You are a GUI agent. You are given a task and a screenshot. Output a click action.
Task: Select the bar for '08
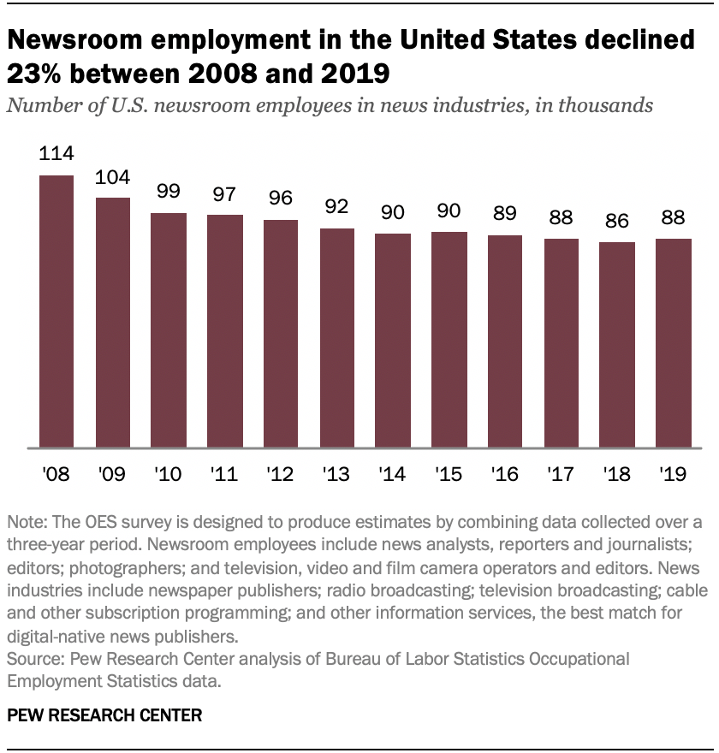[56, 311]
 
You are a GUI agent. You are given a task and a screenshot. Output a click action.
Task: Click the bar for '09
[113, 323]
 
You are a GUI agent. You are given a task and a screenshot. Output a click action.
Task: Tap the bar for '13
[337, 338]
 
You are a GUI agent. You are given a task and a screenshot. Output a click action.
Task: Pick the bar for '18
[617, 345]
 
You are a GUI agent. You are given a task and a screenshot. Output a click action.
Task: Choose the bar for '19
[674, 343]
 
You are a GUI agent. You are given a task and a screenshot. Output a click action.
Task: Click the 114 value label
[56, 155]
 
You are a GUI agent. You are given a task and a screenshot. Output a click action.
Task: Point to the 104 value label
[113, 177]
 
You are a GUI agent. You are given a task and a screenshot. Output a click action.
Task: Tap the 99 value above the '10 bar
[169, 193]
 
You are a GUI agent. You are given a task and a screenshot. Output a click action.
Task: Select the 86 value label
[617, 222]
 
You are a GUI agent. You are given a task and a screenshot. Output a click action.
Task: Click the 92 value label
[337, 208]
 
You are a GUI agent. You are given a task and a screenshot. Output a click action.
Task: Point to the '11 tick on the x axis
[224, 474]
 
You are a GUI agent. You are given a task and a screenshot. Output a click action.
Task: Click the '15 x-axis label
[449, 474]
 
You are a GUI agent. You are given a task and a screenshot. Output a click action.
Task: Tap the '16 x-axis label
[505, 474]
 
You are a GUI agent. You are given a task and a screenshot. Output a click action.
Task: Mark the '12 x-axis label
[281, 474]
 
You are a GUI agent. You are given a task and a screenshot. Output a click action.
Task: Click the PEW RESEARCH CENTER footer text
[105, 715]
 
